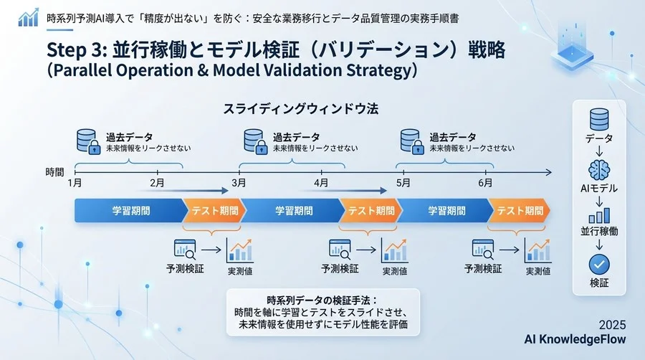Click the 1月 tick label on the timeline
coord(75,184)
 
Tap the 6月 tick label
coord(484,184)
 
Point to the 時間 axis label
coord(54,172)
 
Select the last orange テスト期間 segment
coord(520,211)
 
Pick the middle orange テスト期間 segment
coord(371,211)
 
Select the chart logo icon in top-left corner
coord(29,17)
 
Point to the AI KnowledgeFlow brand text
coord(575,338)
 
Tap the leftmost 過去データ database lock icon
coord(87,142)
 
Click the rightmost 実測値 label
coord(538,271)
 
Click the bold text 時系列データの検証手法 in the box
coord(321,300)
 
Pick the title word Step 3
coord(76,49)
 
